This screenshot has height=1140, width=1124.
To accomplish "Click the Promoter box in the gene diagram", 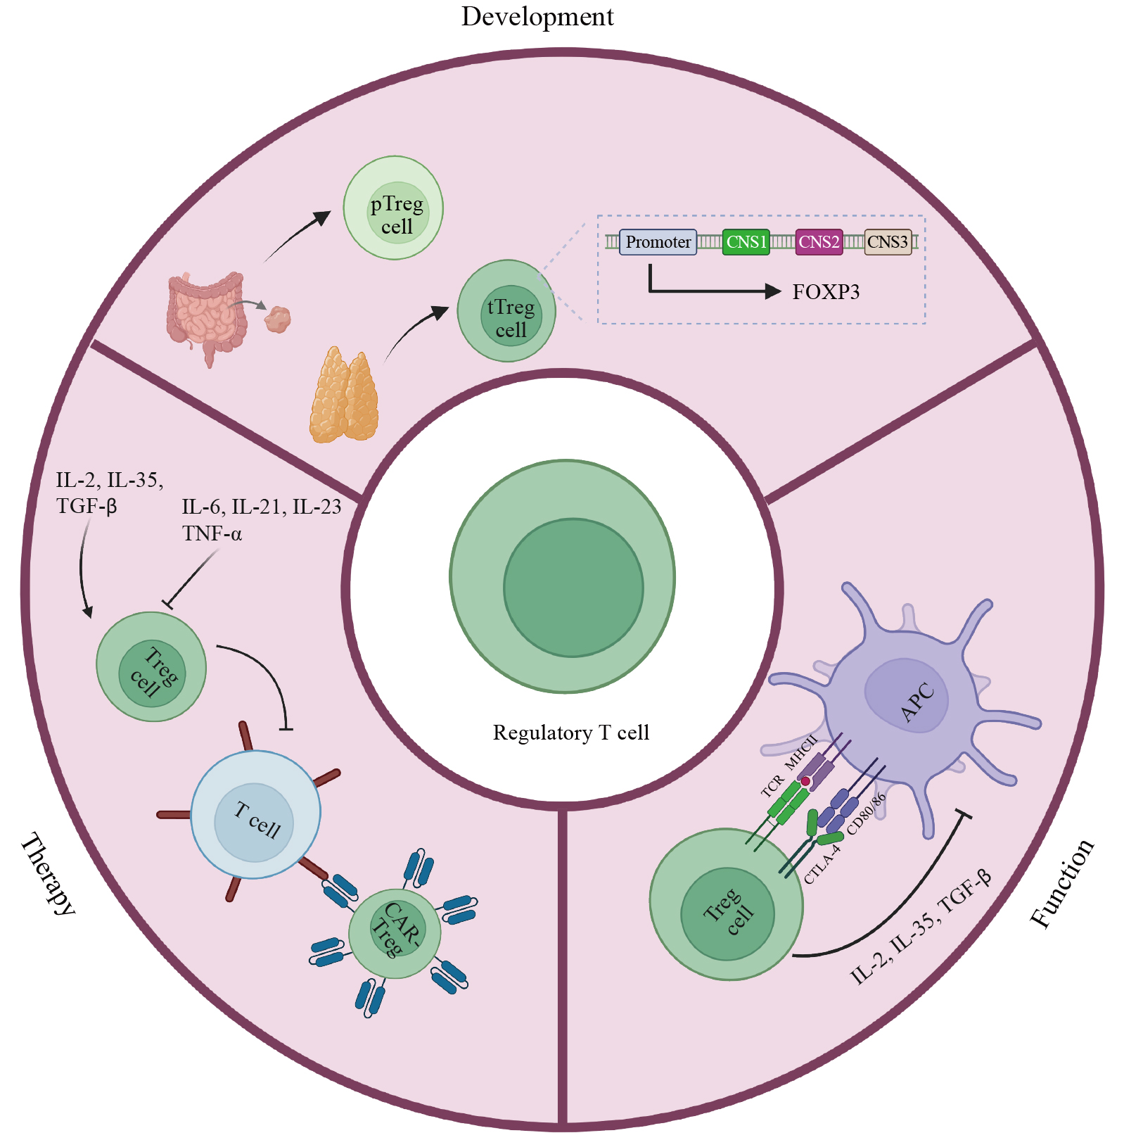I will click(x=658, y=242).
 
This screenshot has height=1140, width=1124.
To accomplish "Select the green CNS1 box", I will click(x=746, y=242).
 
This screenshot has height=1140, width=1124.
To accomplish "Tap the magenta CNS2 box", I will click(x=819, y=242).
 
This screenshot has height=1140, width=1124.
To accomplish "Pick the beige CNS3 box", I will click(x=888, y=242).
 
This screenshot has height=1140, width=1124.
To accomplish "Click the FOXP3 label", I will click(x=826, y=292).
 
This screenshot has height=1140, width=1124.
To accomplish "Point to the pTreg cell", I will click(x=393, y=208).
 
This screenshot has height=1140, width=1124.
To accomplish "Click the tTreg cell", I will click(x=506, y=311).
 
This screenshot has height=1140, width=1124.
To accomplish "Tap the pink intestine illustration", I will click(x=205, y=314).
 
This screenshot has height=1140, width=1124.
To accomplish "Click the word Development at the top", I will click(x=537, y=16).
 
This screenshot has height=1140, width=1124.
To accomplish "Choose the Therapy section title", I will click(x=47, y=874).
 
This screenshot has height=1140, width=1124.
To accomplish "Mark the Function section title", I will click(x=1062, y=883).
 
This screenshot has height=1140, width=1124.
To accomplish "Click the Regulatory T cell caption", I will click(x=570, y=733).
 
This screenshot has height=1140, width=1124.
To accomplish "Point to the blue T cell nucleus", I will click(x=254, y=822).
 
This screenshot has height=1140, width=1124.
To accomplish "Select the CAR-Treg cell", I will click(x=395, y=933).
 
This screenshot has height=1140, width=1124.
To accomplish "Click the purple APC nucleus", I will click(x=907, y=696).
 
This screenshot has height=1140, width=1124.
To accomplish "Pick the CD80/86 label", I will click(x=866, y=814).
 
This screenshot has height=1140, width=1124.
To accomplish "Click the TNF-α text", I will click(x=212, y=534).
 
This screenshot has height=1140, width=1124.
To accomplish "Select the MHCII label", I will click(x=801, y=752).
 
